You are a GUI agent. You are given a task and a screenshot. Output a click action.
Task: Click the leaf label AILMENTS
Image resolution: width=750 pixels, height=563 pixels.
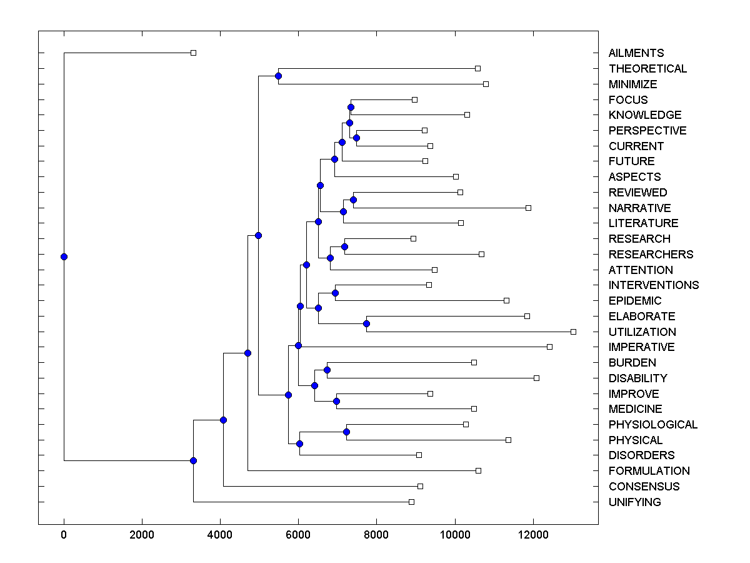pos(636,53)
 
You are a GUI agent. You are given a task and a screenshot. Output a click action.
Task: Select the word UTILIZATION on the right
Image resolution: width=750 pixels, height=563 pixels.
pos(642,332)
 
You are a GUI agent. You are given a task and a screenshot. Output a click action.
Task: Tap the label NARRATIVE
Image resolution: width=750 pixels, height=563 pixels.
pos(639,208)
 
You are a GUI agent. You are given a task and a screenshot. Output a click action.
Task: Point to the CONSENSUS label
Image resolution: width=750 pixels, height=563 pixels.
pos(644,486)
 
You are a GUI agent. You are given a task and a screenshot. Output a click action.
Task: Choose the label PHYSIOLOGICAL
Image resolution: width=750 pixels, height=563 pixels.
pos(652,424)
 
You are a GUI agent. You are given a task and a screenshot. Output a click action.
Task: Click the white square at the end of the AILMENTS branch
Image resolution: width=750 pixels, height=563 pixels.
pos(193,53)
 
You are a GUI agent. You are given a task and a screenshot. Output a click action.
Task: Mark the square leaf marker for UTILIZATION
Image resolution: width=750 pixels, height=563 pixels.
pos(573,332)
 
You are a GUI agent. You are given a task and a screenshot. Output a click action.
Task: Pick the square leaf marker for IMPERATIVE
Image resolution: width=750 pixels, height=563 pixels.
pos(549,347)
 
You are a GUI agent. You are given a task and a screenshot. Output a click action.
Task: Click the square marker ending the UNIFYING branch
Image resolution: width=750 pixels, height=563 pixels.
pos(411,502)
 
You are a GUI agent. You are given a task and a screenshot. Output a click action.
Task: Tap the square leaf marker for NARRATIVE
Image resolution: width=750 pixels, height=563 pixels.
pos(528,208)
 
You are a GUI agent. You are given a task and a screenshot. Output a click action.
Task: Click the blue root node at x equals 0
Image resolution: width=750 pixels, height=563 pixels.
pos(64,256)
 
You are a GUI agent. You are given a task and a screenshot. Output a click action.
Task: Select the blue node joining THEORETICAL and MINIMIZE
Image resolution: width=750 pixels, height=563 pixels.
pos(278,76)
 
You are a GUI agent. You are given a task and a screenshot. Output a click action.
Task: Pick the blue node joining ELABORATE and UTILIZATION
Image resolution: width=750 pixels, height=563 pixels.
pos(367,323)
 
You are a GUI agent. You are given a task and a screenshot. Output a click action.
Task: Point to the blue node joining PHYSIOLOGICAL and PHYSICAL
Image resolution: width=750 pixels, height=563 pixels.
pos(346,432)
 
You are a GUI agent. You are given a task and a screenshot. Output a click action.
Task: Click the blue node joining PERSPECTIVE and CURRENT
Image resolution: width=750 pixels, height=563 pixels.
pos(356,138)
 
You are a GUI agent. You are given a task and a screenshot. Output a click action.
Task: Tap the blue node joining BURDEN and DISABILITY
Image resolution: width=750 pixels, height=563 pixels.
pos(327,370)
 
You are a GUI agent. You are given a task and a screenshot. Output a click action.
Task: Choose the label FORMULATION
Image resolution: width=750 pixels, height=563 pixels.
pos(649,470)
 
